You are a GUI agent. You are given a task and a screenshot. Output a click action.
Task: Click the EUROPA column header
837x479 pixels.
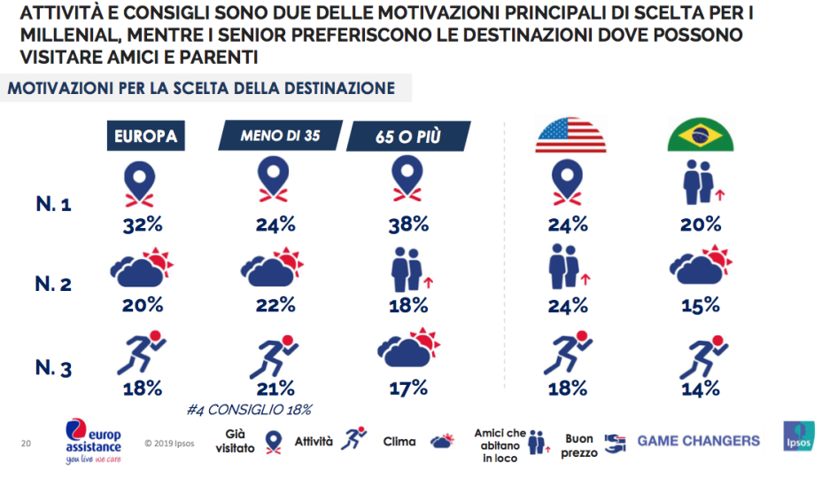tap(145, 137)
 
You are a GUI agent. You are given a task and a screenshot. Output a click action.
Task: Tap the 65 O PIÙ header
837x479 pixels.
tap(407, 137)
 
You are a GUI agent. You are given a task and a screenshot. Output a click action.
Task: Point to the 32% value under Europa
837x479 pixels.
tap(143, 224)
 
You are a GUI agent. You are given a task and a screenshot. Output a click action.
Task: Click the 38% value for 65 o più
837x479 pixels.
tap(409, 224)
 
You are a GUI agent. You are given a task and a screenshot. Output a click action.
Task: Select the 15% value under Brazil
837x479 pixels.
tap(701, 306)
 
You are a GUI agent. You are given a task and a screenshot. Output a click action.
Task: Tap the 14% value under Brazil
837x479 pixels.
tap(701, 387)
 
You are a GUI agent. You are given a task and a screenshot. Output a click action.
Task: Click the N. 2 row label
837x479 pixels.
tap(53, 285)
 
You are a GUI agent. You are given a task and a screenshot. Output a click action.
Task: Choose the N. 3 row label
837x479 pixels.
tap(53, 366)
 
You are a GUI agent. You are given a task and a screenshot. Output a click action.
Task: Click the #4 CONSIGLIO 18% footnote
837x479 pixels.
tap(251, 410)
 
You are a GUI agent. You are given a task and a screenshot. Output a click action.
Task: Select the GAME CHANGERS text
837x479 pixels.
tap(698, 441)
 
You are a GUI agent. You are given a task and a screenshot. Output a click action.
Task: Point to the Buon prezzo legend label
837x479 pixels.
tap(580, 445)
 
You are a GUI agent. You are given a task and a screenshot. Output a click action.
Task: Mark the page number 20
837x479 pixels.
tap(26, 441)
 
